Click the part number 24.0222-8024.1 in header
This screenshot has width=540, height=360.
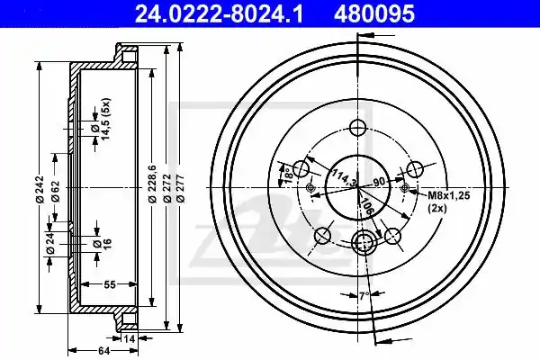[x=219, y=13]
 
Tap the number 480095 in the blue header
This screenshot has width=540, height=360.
[x=374, y=13]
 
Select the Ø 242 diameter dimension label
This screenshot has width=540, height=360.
[x=40, y=189]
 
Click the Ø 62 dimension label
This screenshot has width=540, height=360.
[x=56, y=191]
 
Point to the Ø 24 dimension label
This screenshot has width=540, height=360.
[x=50, y=244]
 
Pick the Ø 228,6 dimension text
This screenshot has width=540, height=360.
[x=153, y=184]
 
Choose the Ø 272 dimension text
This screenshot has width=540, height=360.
[x=167, y=188]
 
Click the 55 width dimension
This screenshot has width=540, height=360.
[x=110, y=284]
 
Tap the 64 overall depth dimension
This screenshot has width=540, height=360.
[x=103, y=351]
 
